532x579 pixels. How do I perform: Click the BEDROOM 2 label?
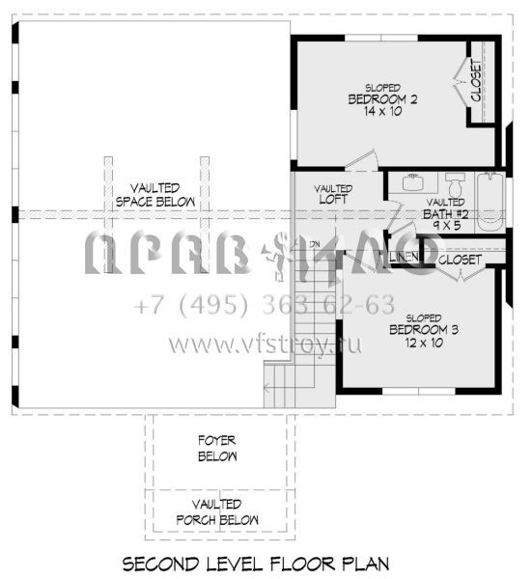click(x=381, y=98)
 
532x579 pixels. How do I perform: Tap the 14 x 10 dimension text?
click(x=381, y=112)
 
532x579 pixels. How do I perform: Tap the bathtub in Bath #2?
click(x=490, y=201)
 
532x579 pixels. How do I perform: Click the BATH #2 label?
click(x=446, y=214)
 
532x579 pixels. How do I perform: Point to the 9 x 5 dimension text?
click(x=446, y=227)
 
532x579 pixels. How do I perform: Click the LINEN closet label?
click(x=404, y=257)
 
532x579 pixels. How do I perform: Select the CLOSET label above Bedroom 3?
click(x=460, y=260)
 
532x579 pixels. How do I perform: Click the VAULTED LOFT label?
click(x=333, y=194)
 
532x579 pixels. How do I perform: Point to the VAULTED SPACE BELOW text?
click(x=154, y=195)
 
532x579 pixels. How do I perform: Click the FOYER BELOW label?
click(x=217, y=448)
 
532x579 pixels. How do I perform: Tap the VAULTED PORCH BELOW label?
click(x=217, y=511)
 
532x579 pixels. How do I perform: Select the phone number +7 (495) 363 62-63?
click(x=265, y=306)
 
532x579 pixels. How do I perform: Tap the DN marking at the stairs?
click(x=314, y=243)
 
